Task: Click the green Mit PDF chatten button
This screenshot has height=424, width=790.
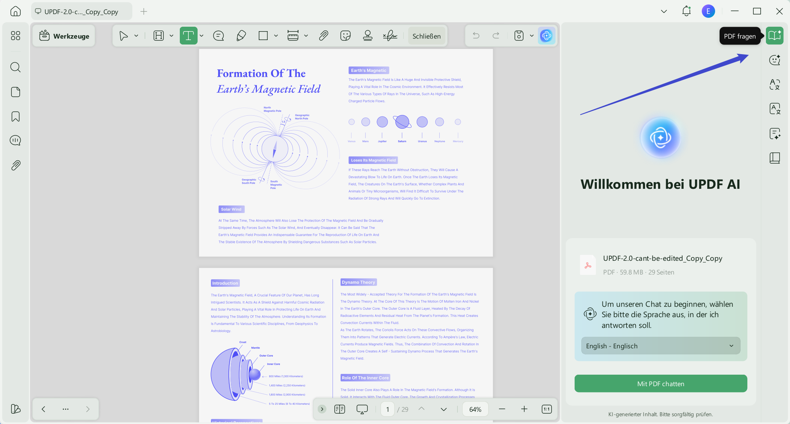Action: (661, 384)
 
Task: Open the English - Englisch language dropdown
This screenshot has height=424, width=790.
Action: (661, 346)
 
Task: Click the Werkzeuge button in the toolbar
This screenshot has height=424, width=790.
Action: (64, 36)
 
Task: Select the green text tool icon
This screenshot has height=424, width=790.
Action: (188, 36)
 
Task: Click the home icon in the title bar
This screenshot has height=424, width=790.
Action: (15, 11)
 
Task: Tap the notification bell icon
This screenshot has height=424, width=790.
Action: (686, 11)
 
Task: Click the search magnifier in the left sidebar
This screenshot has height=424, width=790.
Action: (15, 67)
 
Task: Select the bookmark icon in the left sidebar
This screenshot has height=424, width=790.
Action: (15, 116)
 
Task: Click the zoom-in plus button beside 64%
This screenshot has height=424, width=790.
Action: (524, 409)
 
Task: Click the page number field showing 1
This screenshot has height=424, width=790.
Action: (387, 409)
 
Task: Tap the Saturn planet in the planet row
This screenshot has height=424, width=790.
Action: (402, 122)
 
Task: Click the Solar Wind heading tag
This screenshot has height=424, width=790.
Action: (231, 209)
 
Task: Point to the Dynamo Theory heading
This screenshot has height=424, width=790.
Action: (358, 282)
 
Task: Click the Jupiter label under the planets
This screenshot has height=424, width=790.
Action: (382, 141)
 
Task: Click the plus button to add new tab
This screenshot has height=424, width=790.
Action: (144, 11)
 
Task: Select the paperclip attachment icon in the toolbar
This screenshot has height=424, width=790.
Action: (323, 36)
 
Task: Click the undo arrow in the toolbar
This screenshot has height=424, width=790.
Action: (476, 36)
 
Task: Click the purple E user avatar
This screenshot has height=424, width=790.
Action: (708, 11)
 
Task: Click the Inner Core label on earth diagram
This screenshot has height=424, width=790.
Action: (273, 364)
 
